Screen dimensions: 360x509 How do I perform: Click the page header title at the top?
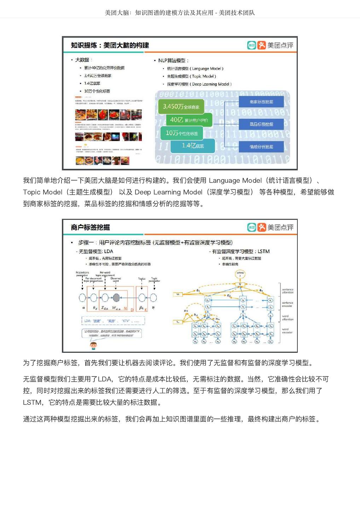pos(180,13)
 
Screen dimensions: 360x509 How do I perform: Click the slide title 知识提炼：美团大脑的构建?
pos(110,45)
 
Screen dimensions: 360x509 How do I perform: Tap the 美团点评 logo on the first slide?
pos(270,45)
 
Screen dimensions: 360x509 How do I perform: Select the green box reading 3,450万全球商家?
pos(181,106)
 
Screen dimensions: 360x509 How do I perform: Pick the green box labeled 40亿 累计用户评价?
pos(189,120)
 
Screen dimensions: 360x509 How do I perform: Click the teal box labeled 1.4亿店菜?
pos(193,146)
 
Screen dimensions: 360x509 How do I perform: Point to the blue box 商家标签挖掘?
pos(261,102)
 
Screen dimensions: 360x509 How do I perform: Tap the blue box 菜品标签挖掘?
pos(261,124)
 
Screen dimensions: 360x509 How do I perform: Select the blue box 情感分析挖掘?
pos(261,147)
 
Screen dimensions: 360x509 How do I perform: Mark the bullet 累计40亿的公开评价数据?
pos(104,68)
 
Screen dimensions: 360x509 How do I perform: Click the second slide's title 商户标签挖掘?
pos(90,227)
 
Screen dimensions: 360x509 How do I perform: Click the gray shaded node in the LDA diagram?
pos(116,298)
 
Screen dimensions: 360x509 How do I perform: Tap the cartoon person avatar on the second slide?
pos(93,345)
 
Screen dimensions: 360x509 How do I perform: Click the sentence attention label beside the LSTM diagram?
pos(288,291)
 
